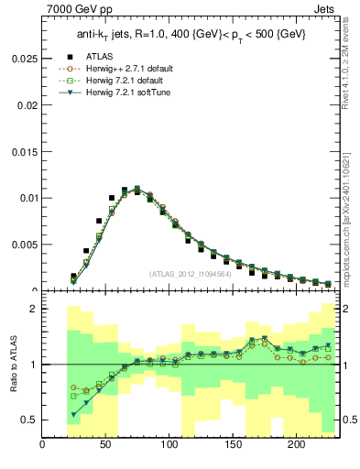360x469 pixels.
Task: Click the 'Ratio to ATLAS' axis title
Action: point(13,364)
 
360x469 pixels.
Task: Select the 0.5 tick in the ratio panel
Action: point(29,420)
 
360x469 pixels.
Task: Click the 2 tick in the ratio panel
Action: point(34,310)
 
